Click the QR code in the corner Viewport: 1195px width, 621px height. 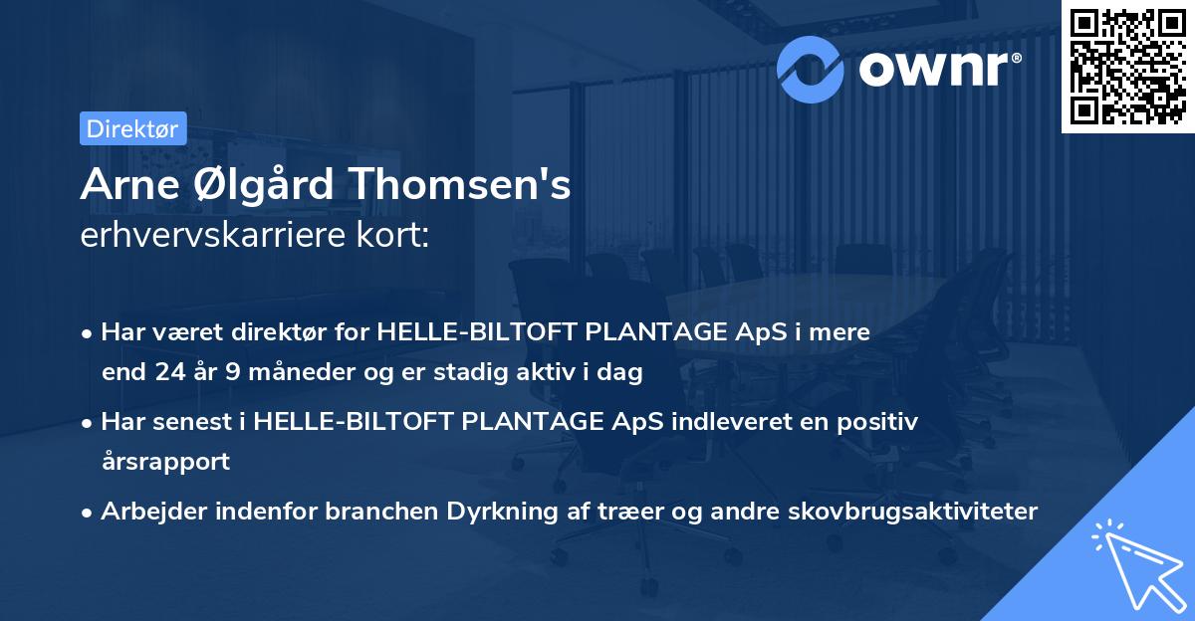[x=1127, y=67]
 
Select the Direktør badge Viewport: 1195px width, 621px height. [x=132, y=128]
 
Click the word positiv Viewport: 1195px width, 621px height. [x=875, y=421]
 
